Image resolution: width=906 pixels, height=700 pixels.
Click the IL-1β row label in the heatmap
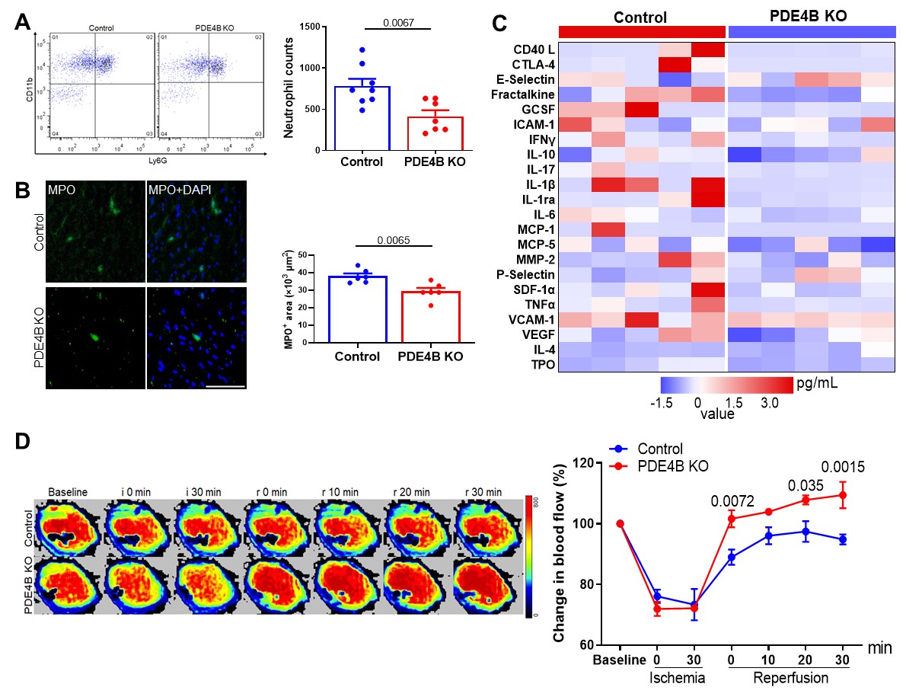click(536, 186)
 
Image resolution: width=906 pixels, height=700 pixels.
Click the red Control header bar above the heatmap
click(642, 31)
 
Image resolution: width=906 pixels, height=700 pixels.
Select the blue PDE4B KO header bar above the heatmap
click(812, 31)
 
